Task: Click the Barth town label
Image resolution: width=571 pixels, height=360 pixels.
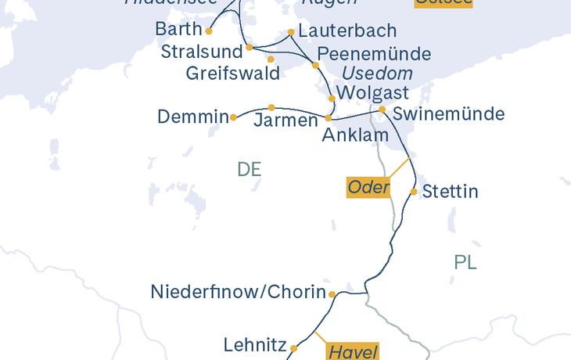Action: tap(178, 29)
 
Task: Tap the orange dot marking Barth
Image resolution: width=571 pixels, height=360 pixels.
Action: tap(209, 31)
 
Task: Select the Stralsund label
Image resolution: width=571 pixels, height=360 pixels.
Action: tap(200, 52)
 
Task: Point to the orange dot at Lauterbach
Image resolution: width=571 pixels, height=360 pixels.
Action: tap(291, 32)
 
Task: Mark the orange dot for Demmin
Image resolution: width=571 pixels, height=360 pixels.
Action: tap(233, 117)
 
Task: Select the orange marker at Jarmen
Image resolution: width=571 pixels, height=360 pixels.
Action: tap(271, 107)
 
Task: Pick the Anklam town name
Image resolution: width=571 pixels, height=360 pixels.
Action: tap(355, 135)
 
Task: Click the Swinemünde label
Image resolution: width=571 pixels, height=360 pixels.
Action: tap(448, 114)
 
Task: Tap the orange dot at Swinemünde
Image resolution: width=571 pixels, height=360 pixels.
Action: tap(382, 110)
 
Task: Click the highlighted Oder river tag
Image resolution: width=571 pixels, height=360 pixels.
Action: tap(368, 187)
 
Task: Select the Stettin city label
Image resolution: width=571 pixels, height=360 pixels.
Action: tap(450, 192)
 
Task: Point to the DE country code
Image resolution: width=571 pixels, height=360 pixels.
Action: tap(249, 169)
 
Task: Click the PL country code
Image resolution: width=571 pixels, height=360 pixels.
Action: tap(465, 262)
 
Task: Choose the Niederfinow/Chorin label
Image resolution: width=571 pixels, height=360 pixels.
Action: tap(238, 293)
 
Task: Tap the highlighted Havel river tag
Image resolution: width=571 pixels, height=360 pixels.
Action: tap(353, 351)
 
